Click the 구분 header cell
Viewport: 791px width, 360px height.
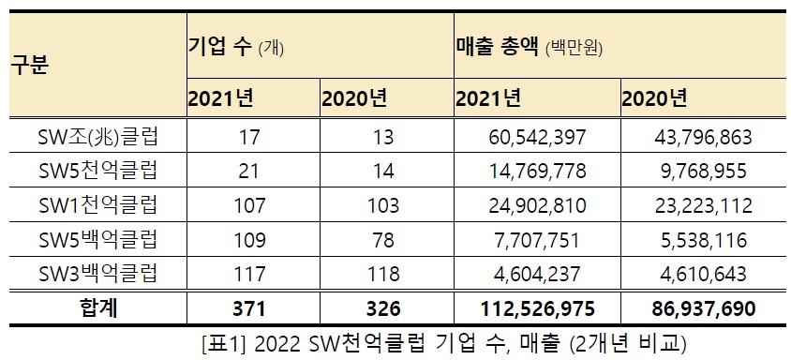[x=31, y=68]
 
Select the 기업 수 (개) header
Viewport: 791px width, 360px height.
[x=239, y=46]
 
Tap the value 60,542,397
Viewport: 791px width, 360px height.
[x=538, y=137]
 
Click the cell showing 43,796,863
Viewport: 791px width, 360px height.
[x=704, y=137]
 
